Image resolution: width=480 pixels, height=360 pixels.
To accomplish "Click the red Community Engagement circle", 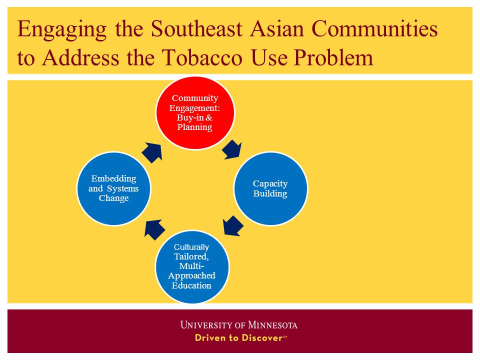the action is coord(195,113).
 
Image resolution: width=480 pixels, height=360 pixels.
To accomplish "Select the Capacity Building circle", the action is coord(270,188).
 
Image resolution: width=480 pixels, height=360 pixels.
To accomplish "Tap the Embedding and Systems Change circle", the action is coord(113,188).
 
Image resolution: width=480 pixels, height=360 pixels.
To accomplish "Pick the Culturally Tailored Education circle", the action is coord(192,266).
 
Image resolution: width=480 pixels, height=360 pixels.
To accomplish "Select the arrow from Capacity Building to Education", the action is coord(233,226).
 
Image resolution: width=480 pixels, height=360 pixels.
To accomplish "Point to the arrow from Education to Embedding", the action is coord(154,230).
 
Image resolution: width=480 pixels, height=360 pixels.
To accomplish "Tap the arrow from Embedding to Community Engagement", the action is coord(152,152).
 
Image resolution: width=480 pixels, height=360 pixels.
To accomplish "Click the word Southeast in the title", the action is coord(196,29).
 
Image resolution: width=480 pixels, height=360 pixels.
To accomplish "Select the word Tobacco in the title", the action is coord(202,57).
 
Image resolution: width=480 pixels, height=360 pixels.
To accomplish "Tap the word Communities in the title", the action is coord(374,29).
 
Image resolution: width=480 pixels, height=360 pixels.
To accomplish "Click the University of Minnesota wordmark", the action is coord(239,325).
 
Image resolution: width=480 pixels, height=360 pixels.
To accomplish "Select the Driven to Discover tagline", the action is coord(241,338).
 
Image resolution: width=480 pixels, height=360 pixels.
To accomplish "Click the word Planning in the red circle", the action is coord(194,127).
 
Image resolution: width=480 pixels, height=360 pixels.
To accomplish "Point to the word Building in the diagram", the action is coord(270,194).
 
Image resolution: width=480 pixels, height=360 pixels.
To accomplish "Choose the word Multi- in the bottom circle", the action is coord(191,265).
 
